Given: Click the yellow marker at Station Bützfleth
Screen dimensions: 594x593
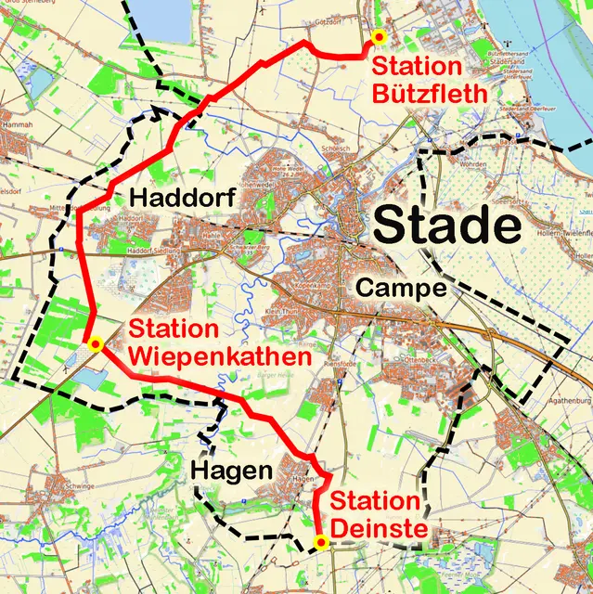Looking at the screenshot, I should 378,36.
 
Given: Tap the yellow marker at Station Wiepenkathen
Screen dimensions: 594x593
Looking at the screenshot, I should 94,344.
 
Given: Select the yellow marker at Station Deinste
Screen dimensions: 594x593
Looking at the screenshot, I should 321,542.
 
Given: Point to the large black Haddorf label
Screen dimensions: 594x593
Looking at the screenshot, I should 172,197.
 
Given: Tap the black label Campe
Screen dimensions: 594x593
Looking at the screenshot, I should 401,288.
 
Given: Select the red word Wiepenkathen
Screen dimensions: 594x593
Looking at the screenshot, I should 206,356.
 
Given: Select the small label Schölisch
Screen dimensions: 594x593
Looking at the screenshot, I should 335,148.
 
